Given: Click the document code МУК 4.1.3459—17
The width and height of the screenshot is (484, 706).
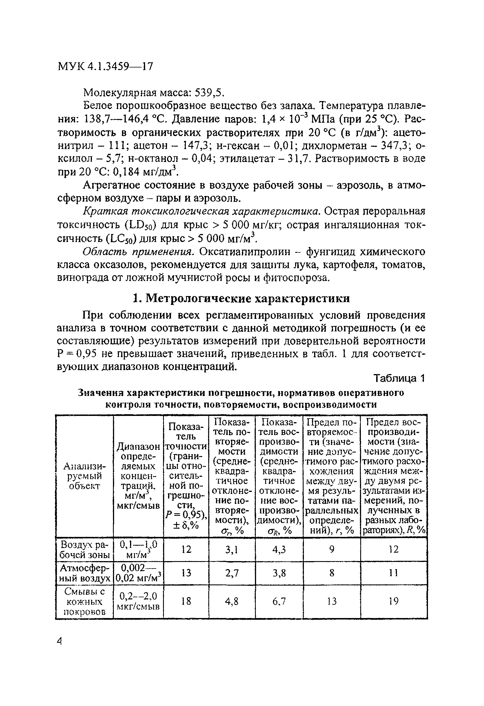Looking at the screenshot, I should tap(105, 66).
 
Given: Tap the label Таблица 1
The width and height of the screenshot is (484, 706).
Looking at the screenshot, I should tap(399, 378).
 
